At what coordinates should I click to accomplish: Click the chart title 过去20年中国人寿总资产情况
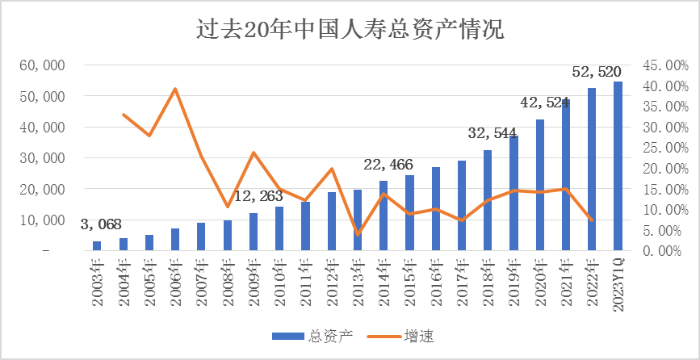[350, 31]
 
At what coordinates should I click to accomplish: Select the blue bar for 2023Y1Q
[618, 165]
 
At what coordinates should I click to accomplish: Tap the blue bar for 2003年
[97, 245]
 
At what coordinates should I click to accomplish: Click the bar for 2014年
[384, 216]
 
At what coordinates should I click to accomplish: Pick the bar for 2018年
[488, 200]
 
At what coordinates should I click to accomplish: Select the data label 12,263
[260, 196]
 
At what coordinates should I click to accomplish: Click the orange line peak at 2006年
[175, 89]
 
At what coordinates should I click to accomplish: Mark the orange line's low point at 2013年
[358, 234]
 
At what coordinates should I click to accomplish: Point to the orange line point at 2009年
[254, 153]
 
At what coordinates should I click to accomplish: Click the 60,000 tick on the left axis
[41, 65]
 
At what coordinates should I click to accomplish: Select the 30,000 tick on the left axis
[41, 158]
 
